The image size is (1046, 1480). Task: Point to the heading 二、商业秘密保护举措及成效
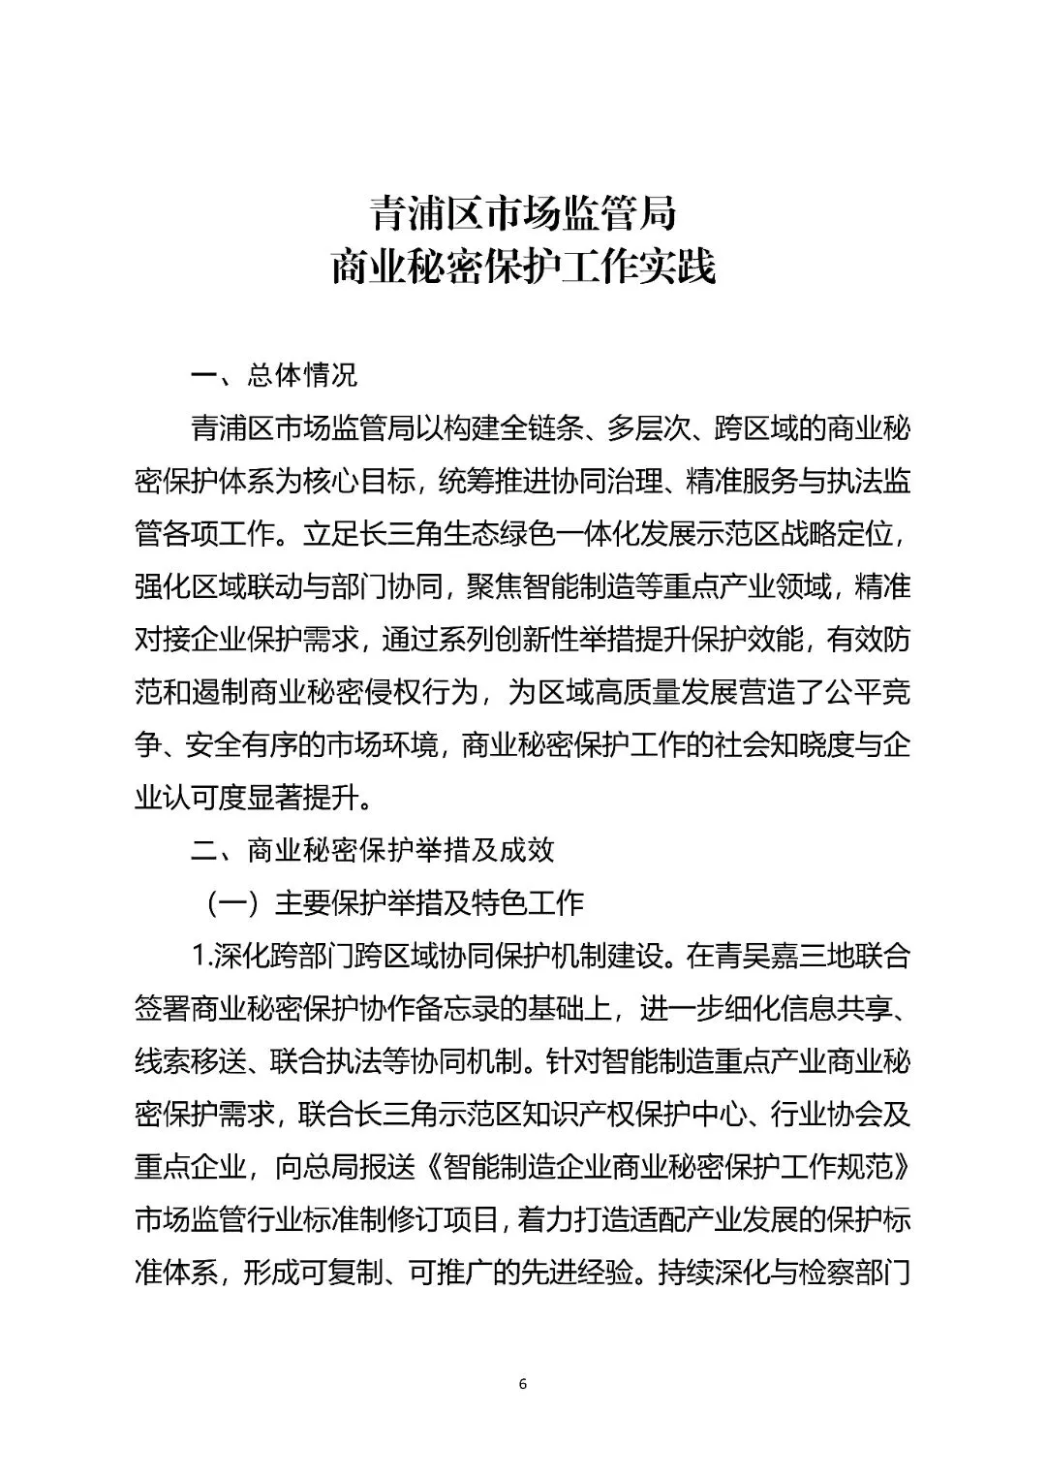[x=373, y=850]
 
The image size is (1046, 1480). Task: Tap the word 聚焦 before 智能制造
[x=493, y=586]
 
